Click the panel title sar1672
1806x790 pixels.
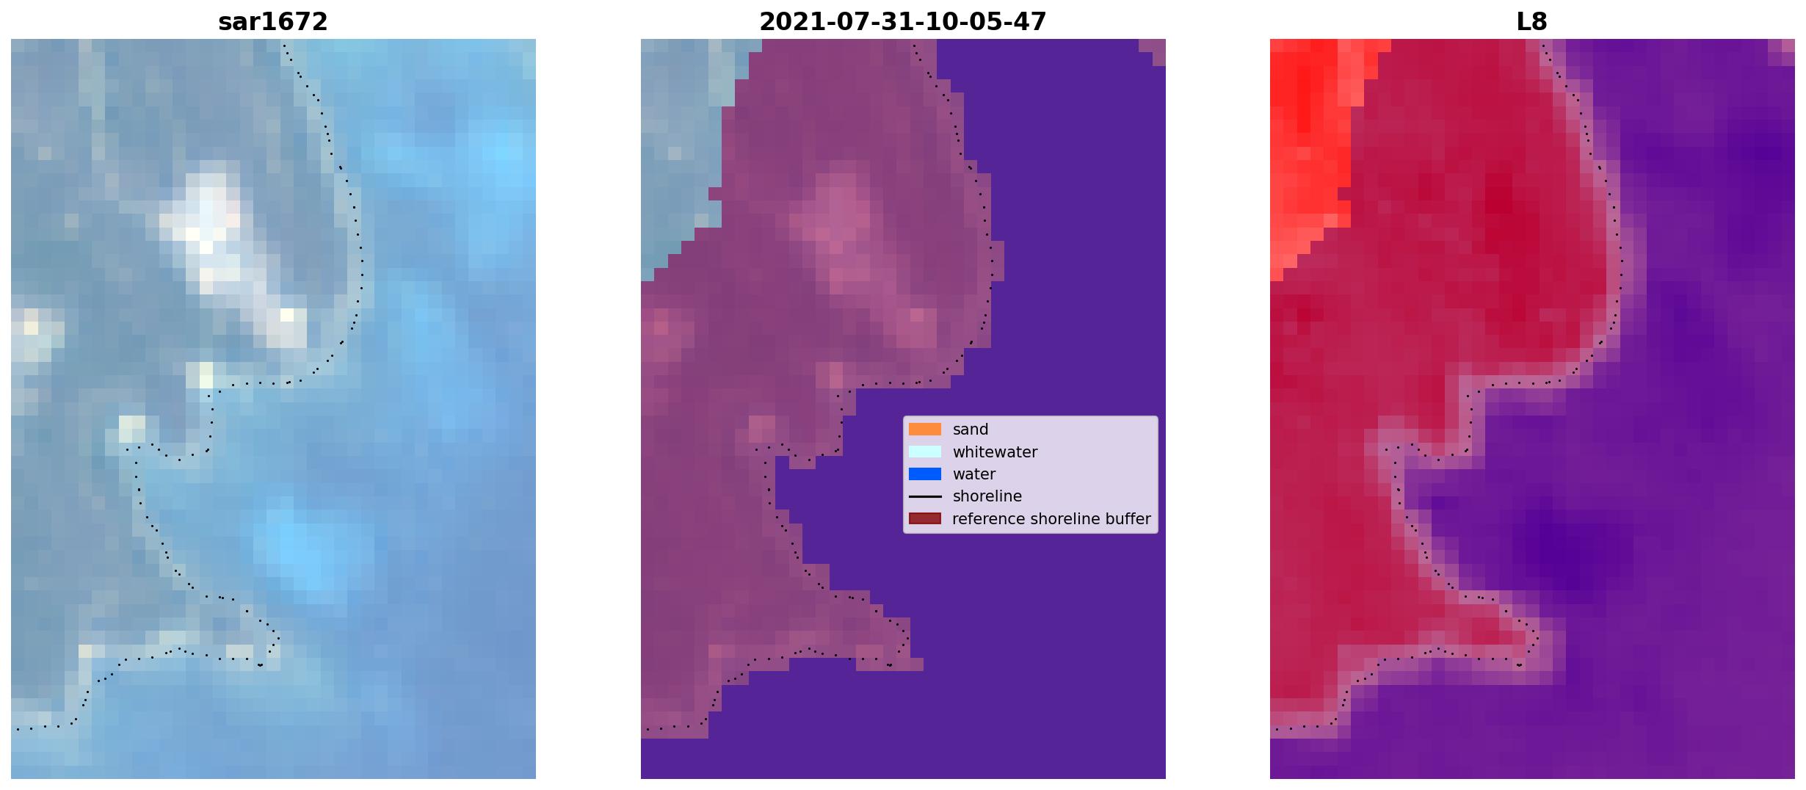coord(272,22)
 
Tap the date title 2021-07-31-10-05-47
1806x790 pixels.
coord(902,22)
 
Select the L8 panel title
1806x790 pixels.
coord(1531,22)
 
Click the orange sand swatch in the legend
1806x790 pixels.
coord(924,430)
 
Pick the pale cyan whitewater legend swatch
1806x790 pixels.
coord(924,452)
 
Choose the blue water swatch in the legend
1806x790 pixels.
coord(924,474)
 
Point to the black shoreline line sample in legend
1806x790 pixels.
coord(924,497)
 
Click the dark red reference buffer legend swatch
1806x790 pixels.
coord(924,519)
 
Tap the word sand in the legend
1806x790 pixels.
coord(970,430)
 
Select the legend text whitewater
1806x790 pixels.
coord(995,452)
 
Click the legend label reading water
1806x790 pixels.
coord(973,474)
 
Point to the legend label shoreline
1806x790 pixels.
coord(987,497)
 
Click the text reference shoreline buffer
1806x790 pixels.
coord(1051,519)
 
